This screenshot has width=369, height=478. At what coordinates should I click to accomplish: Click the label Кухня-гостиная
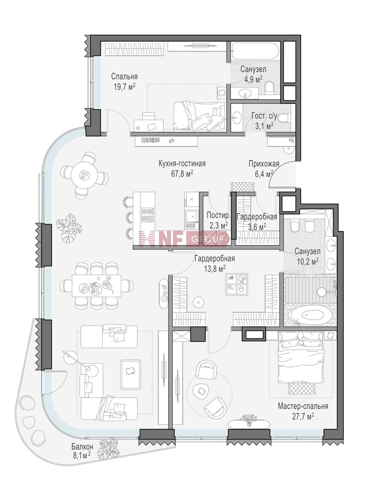pos(182,164)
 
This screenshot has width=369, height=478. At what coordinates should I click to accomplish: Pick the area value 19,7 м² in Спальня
pos(125,87)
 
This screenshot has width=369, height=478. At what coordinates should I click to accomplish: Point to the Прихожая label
pos(264,164)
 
